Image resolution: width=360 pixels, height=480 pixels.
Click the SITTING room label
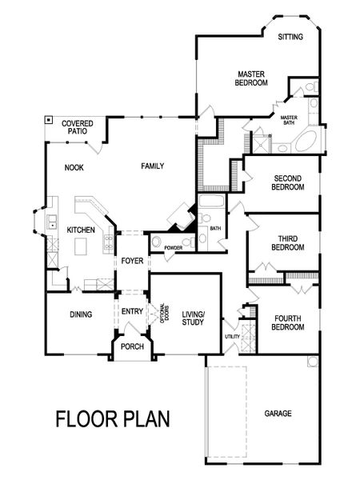pos(290,37)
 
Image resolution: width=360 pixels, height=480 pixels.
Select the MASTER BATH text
pos(289,121)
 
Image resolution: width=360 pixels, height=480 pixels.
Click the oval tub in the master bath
pos(306,143)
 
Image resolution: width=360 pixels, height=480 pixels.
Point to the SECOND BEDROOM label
pos(289,182)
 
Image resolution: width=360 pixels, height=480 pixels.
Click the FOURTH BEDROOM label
pos(287,322)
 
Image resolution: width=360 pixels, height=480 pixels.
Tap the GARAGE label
pos(278,414)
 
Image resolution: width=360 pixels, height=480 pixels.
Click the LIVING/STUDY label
pos(194,318)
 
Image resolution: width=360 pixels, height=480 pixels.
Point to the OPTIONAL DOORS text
pos(163,313)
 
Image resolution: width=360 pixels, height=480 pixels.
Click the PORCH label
pos(132,346)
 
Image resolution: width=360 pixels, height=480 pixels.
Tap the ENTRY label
pos(132,311)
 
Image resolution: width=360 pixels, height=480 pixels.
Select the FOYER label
pos(132,262)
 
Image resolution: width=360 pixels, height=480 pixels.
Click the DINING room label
pos(81,314)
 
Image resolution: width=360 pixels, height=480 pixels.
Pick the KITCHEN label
pos(81,230)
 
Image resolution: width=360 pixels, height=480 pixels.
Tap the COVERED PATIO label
pos(78,128)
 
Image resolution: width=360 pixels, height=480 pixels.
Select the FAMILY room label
pos(152,166)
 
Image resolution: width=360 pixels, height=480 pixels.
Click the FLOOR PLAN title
pos(112,418)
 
